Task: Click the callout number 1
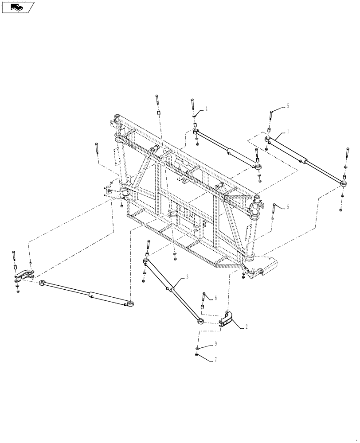tap(288, 131)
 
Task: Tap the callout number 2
tap(246, 328)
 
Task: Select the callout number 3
tap(187, 277)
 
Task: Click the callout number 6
tap(216, 298)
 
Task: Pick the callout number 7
tap(216, 359)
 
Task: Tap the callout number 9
tap(216, 343)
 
